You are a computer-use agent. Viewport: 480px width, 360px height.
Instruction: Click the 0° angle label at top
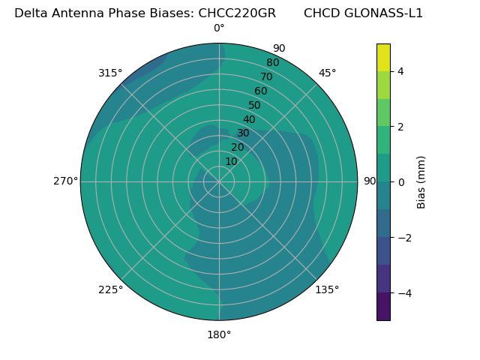219,28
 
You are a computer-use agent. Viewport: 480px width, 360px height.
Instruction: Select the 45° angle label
327,73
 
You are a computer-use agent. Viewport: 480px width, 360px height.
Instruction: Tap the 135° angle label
327,289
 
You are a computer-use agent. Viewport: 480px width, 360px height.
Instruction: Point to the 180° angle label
219,334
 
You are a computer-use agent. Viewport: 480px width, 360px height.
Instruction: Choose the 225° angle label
110,289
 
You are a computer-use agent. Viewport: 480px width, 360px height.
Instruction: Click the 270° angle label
65,181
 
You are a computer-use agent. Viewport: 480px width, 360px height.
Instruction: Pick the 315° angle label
110,73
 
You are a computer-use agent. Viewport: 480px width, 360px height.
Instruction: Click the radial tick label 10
231,161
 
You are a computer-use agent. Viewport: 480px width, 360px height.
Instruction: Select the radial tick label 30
243,133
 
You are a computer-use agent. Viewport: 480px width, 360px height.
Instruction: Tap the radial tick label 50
255,106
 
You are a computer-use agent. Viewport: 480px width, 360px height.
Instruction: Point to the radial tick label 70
267,76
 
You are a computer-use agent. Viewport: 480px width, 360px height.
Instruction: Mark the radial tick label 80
272,63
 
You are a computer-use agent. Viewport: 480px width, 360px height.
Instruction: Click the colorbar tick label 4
400,71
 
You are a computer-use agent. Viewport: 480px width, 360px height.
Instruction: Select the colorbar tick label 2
400,127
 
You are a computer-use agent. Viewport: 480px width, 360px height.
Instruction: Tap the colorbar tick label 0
400,182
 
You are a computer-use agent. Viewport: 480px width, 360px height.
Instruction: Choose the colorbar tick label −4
403,293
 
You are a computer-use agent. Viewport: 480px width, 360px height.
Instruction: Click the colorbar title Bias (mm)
421,182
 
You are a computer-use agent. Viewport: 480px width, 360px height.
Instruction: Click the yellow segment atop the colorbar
383,57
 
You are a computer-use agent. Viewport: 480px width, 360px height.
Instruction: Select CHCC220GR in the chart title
236,13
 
